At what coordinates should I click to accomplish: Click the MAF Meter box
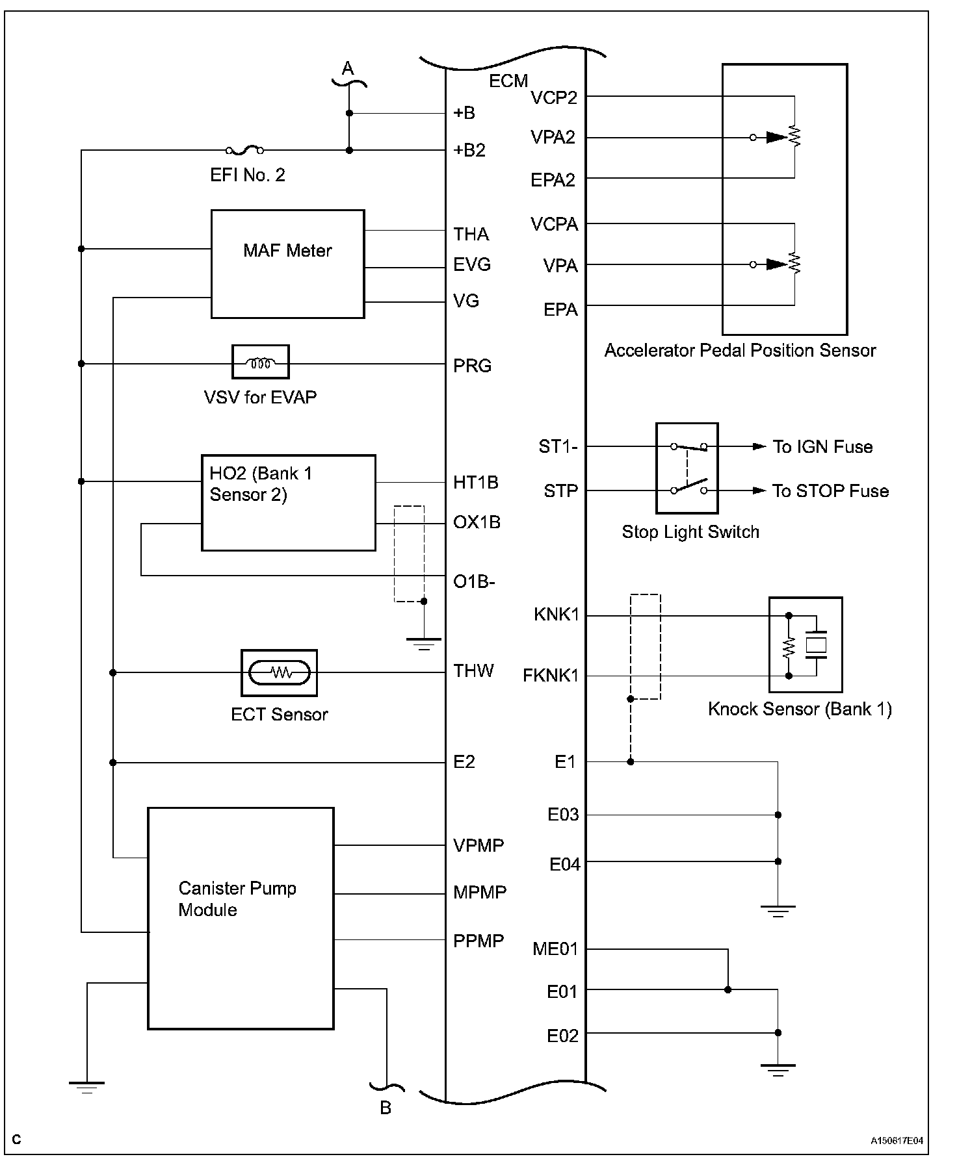pyautogui.click(x=287, y=264)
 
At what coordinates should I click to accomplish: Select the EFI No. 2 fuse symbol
pyautogui.click(x=244, y=151)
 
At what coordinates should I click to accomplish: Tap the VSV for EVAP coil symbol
pyautogui.click(x=261, y=362)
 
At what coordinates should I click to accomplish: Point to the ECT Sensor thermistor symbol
pyautogui.click(x=280, y=672)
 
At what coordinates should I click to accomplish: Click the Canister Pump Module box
pyautogui.click(x=241, y=918)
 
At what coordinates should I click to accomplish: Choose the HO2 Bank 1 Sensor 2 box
pyautogui.click(x=288, y=502)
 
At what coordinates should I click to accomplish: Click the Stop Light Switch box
pyautogui.click(x=687, y=468)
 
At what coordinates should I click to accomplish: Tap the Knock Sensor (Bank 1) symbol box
pyautogui.click(x=806, y=644)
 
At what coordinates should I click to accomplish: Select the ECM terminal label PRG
pyautogui.click(x=472, y=366)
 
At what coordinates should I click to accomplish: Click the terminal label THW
pyautogui.click(x=473, y=670)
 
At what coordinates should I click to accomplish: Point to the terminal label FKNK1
pyautogui.click(x=550, y=676)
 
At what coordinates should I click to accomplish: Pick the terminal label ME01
pyautogui.click(x=555, y=949)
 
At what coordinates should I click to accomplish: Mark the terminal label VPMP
pyautogui.click(x=478, y=845)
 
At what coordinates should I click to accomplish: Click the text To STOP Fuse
pyautogui.click(x=830, y=490)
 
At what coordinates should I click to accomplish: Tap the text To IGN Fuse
pyautogui.click(x=822, y=446)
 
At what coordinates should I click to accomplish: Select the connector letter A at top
pyautogui.click(x=348, y=68)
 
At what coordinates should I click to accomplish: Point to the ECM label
pyautogui.click(x=508, y=81)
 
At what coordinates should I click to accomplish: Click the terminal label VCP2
pyautogui.click(x=554, y=97)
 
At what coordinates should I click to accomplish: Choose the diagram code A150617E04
pyautogui.click(x=897, y=1141)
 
